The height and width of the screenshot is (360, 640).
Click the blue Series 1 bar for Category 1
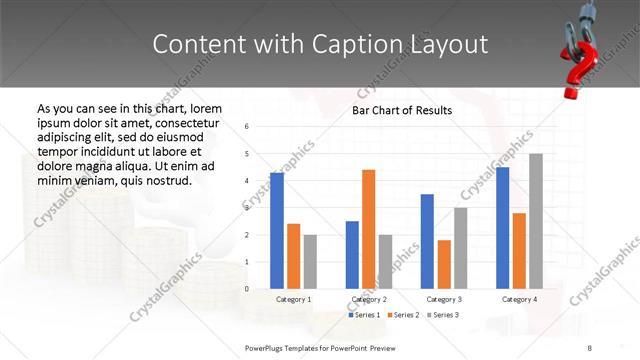[277, 231]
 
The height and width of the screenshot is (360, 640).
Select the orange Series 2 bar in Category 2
[368, 229]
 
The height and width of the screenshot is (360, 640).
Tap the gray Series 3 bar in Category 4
[536, 221]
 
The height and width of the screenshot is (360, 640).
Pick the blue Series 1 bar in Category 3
[427, 241]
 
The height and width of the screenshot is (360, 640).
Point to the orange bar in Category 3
[444, 264]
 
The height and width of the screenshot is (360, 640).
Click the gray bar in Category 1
[310, 262]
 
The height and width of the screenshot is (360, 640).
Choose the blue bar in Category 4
[503, 228]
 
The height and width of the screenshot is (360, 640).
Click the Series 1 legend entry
[363, 315]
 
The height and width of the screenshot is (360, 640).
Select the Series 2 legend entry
[402, 315]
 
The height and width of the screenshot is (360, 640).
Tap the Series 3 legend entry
[442, 315]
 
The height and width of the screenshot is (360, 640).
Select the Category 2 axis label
[368, 299]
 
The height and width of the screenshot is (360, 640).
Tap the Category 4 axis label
[519, 299]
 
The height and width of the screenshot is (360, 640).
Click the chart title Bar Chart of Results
[402, 110]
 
